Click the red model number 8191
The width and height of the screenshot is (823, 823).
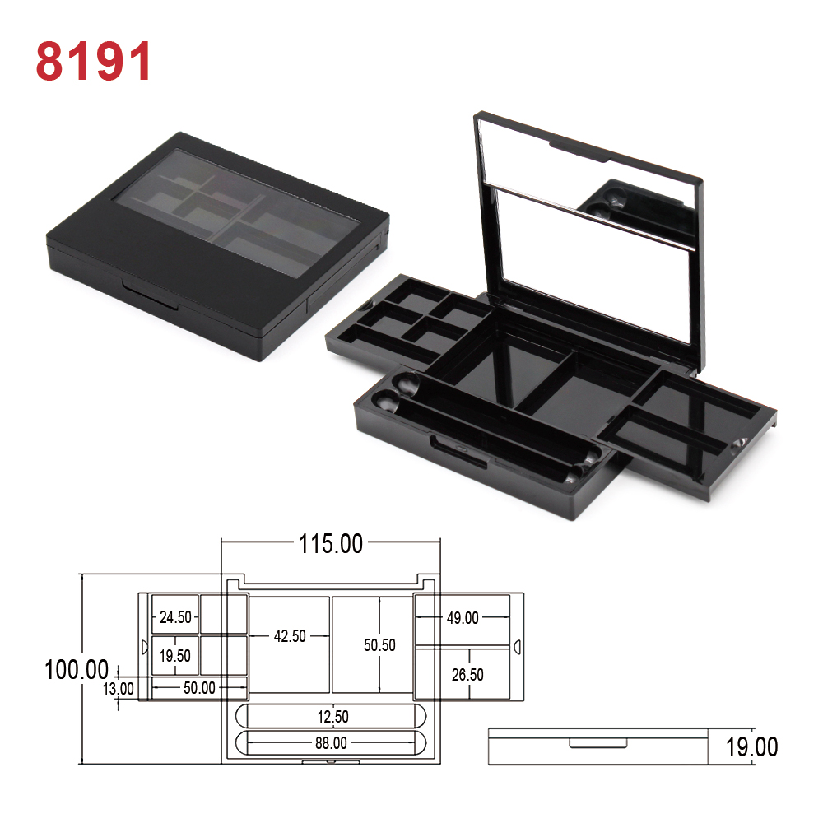[94, 61]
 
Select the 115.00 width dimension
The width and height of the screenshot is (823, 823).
[331, 543]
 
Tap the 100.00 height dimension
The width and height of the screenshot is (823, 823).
[77, 670]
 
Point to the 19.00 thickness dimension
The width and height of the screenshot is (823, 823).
[751, 747]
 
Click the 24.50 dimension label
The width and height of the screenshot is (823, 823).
[175, 617]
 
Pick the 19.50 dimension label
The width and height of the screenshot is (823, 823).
[174, 656]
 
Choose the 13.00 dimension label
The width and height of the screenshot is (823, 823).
[118, 689]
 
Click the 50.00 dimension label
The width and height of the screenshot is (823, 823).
[199, 687]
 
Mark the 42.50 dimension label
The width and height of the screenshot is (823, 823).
[290, 636]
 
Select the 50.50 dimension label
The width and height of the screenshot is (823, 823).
[379, 645]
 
